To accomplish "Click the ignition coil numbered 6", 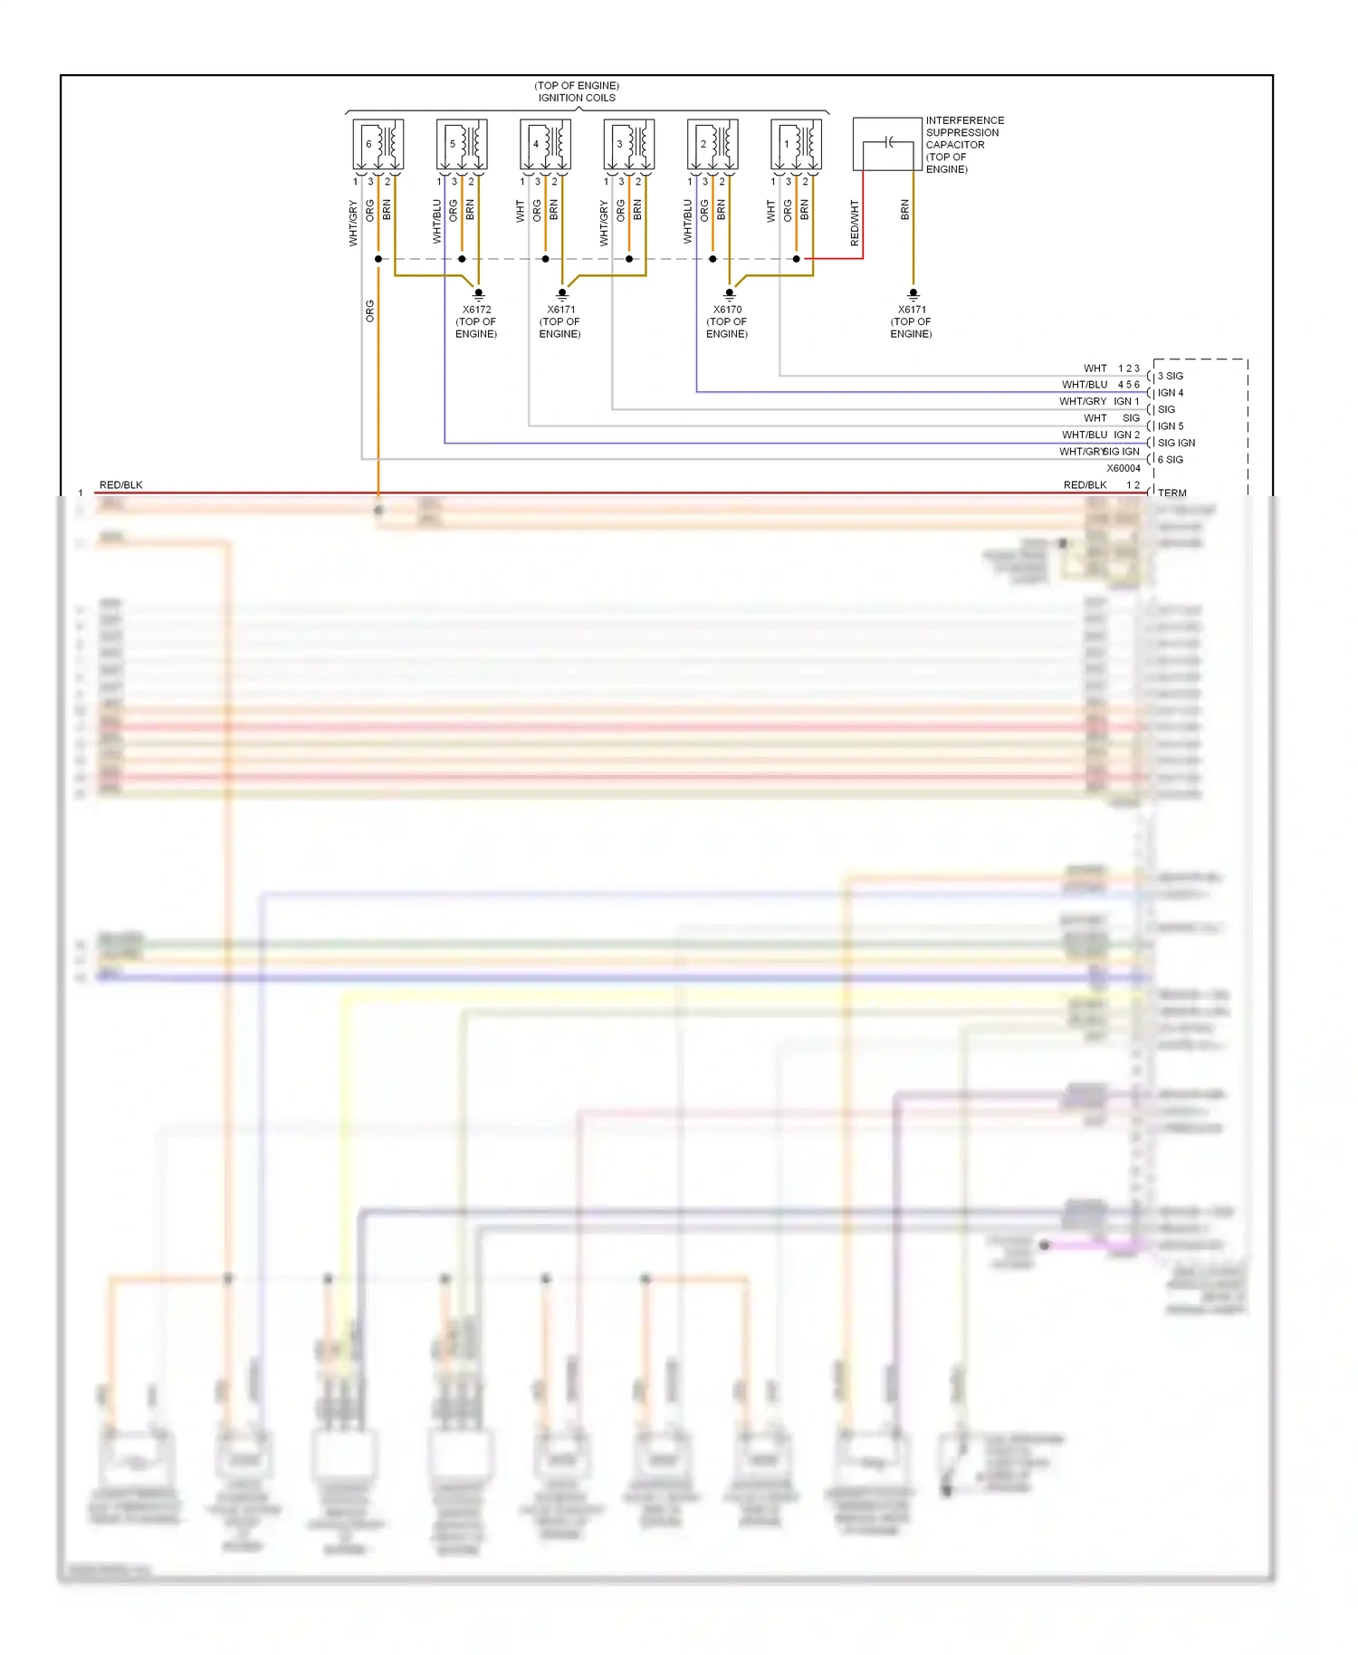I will click(x=378, y=144).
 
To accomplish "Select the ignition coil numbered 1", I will click(x=796, y=144).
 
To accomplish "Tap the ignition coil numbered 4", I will click(x=545, y=144).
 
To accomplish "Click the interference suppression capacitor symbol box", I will click(x=887, y=144).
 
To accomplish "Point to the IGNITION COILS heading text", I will click(x=577, y=98).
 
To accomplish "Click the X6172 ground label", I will click(x=477, y=310).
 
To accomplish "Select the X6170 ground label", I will click(x=727, y=310).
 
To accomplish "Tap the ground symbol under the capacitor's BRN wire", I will click(x=913, y=293).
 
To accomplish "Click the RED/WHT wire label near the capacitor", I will click(x=855, y=223).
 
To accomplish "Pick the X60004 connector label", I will click(x=1124, y=468).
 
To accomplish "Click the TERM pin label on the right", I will click(x=1172, y=493).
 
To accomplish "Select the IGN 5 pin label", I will click(x=1170, y=426).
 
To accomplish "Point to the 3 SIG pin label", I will click(x=1170, y=376).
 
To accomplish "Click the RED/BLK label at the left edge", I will click(x=120, y=485).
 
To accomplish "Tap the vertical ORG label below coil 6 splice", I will click(x=369, y=311).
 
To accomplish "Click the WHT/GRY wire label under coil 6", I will click(x=353, y=223).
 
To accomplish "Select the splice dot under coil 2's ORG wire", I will click(x=712, y=259).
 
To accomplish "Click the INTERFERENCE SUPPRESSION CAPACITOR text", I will click(x=964, y=132).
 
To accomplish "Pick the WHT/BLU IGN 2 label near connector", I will click(x=1100, y=435).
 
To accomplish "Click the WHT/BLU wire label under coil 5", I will click(x=437, y=221).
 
